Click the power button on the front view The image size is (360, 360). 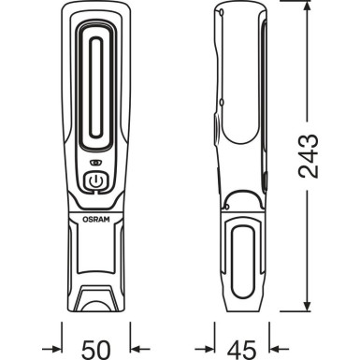94,182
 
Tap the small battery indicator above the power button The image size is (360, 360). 94,162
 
